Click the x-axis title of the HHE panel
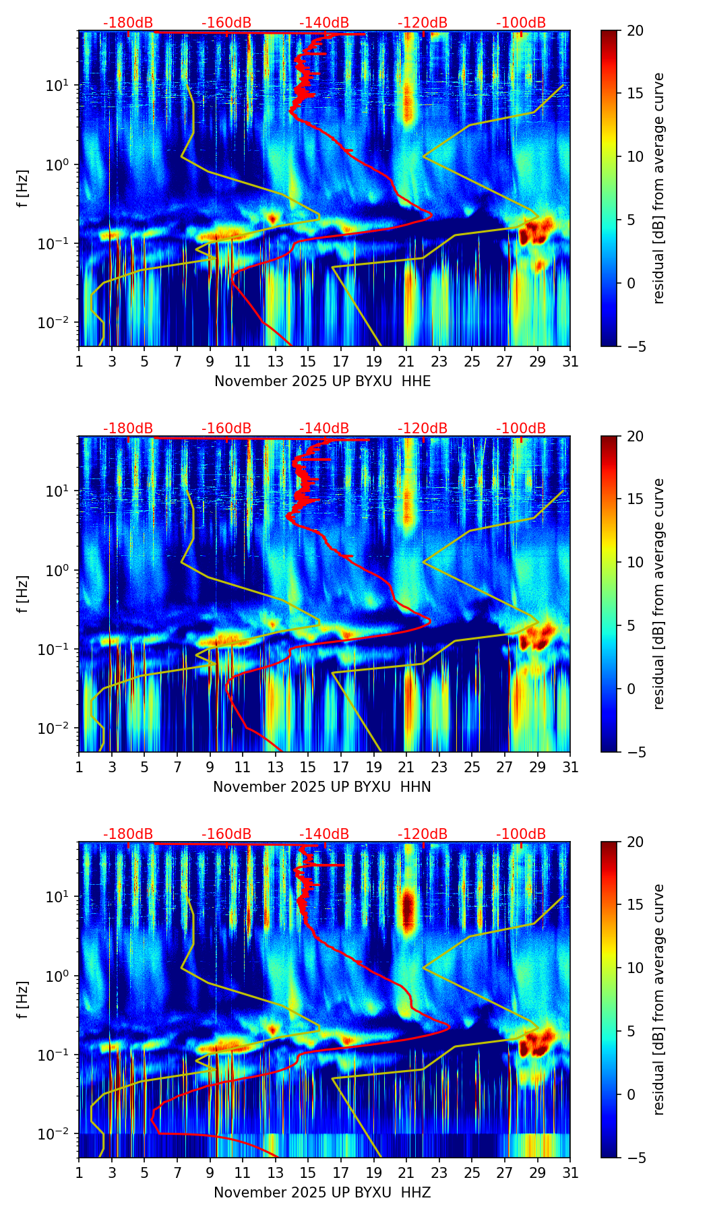coord(322,381)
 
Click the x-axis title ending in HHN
coord(322,787)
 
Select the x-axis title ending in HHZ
coord(322,1193)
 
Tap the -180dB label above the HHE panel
coord(128,23)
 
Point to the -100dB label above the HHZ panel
coord(521,834)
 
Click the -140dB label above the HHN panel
coord(324,429)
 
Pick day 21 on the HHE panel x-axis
coord(406,361)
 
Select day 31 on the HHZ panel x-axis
coord(569,1173)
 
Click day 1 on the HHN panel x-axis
coord(80,767)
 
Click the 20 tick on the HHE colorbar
coord(635,31)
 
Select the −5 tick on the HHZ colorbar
coord(636,1158)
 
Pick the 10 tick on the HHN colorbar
coord(635,562)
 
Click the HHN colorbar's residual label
coord(658,594)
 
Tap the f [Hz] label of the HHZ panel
coord(23,1000)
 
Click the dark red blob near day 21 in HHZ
coord(407,911)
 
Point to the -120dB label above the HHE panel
coord(423,23)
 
